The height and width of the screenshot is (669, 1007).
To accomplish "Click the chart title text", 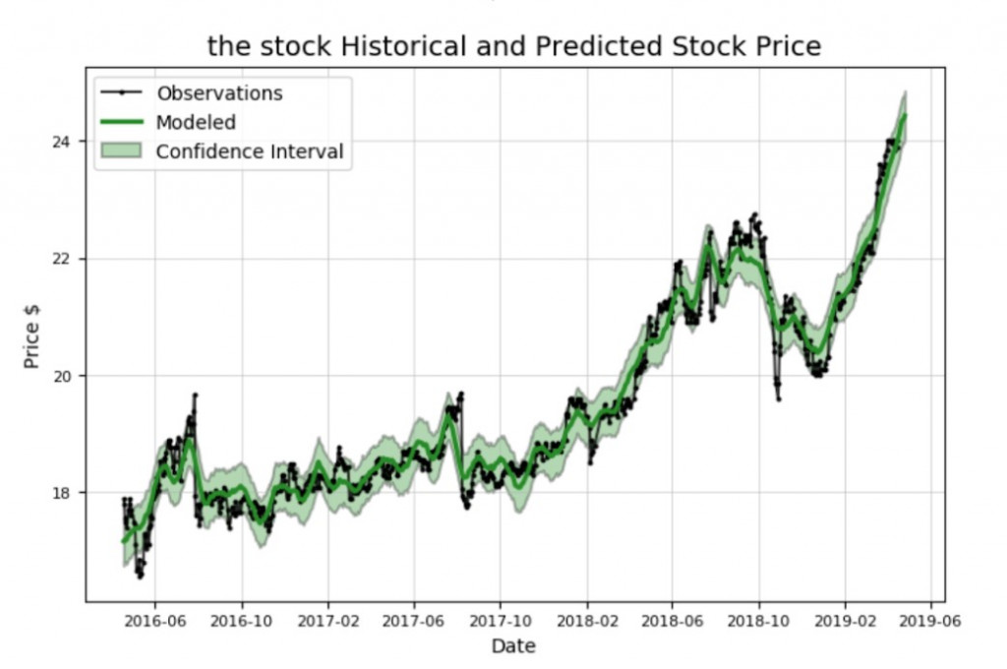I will [513, 45].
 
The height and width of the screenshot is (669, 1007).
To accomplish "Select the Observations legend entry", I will [219, 93].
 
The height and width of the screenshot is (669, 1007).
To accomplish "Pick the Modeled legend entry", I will [196, 122].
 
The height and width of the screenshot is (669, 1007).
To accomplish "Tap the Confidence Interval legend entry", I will [250, 152].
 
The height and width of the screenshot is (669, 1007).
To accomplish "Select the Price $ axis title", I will [31, 335].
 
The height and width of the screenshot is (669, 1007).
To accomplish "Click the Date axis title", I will [513, 646].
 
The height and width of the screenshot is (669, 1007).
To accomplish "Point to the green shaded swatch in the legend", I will [121, 152].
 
